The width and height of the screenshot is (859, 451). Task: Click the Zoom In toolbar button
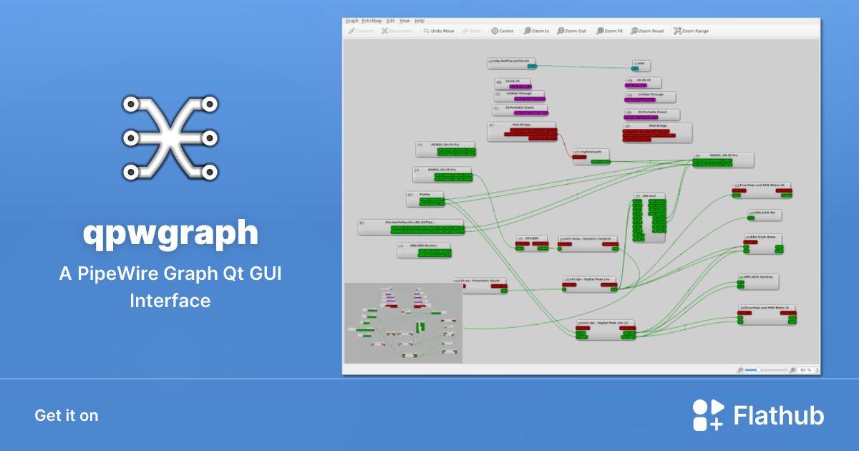click(537, 31)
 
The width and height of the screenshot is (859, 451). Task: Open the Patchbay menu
click(372, 21)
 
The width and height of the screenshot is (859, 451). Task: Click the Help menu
click(419, 21)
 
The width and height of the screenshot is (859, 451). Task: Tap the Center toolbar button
click(502, 31)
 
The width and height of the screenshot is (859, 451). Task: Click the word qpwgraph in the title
click(170, 233)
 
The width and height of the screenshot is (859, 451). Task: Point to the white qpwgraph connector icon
click(170, 137)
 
